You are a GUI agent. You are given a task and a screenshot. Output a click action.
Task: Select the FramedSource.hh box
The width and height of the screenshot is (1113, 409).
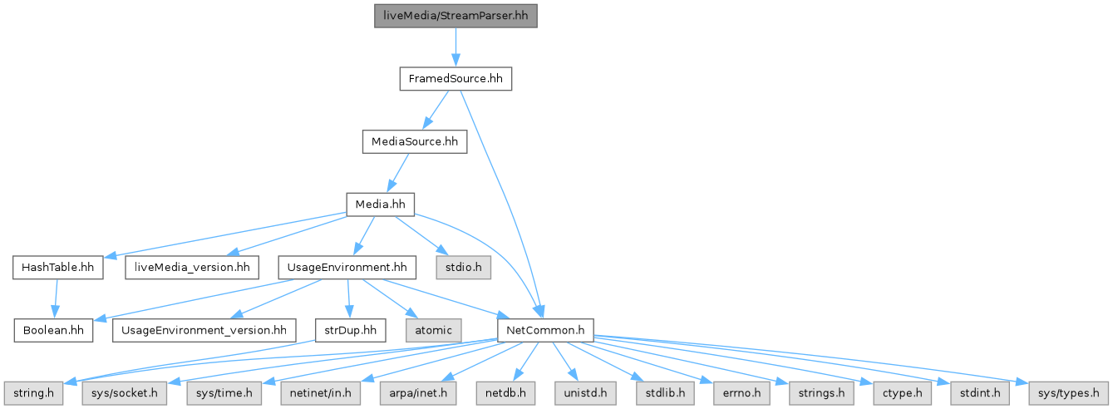(455, 79)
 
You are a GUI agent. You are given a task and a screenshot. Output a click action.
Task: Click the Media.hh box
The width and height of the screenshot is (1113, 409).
(380, 204)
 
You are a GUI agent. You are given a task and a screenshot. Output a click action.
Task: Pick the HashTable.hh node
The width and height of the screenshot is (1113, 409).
(57, 268)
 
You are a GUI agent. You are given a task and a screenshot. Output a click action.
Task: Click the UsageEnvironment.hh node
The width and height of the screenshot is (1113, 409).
(347, 268)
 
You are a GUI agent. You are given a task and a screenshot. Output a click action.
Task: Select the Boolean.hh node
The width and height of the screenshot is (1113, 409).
(53, 330)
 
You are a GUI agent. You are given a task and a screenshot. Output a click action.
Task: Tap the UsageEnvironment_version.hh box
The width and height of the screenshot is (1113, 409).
(204, 330)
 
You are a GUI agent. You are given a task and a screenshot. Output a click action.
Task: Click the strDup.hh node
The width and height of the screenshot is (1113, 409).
(351, 330)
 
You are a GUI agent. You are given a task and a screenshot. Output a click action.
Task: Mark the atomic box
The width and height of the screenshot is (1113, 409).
(433, 330)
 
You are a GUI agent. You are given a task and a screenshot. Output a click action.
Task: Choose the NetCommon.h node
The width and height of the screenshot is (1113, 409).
(544, 330)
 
